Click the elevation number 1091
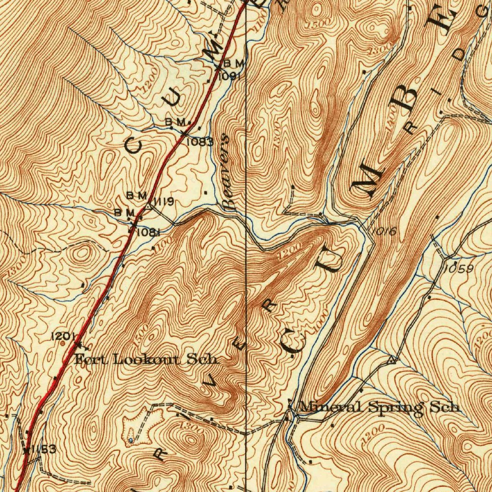coord(229,76)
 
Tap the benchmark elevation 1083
coord(199,142)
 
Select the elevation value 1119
coord(163,201)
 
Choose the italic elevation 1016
coord(383,232)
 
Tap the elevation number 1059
coord(458,269)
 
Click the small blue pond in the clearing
coord(131,440)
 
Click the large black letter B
coord(410,96)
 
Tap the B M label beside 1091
coord(235,63)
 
